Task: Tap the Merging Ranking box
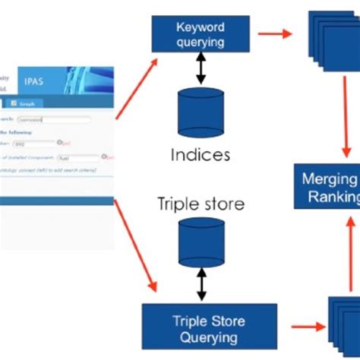coord(329,188)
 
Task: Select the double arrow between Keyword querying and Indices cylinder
coord(201,69)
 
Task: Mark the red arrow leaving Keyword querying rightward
coord(274,33)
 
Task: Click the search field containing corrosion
coord(63,119)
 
